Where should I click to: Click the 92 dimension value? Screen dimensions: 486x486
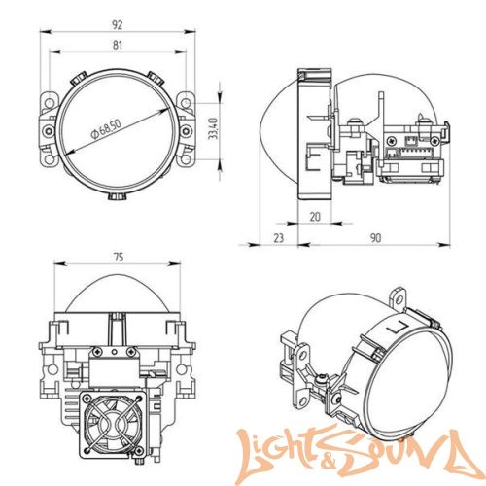[117, 25]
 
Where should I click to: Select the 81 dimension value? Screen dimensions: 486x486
[118, 45]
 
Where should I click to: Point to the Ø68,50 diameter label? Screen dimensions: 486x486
[106, 129]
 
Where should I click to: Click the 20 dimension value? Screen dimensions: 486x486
[315, 217]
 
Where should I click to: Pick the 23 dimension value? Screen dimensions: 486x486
[278, 238]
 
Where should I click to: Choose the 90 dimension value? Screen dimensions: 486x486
[375, 238]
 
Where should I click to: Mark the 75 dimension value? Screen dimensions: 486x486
[119, 258]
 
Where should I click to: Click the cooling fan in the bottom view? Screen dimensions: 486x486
[112, 424]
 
